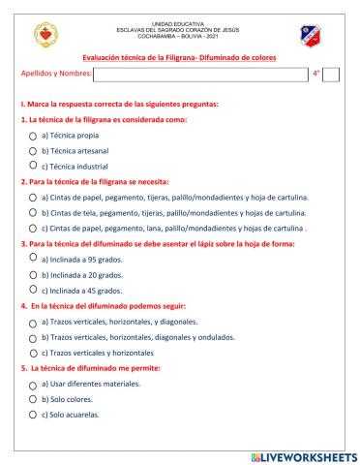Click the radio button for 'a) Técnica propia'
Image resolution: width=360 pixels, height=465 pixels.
34,137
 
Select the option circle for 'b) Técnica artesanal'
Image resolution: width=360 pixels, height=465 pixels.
34,152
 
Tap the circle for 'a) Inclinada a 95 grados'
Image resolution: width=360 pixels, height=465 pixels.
34,257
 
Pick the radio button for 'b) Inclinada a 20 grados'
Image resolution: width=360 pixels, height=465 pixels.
34,275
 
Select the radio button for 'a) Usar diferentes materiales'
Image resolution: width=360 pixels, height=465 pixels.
34,385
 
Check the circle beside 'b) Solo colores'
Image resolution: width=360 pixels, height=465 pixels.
34,399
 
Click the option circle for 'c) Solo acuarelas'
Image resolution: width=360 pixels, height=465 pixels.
34,415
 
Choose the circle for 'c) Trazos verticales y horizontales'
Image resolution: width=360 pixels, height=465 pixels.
34,354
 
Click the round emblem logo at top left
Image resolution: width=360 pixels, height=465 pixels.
41,35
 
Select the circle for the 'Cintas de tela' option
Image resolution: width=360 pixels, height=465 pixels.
34,213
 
